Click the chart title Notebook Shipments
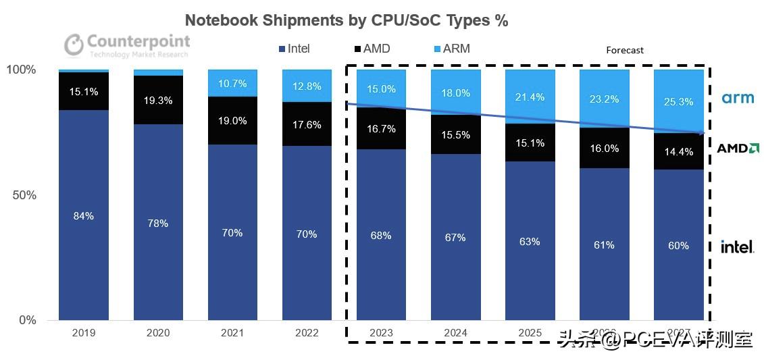click(x=346, y=21)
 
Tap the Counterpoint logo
click(x=127, y=45)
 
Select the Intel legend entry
click(x=294, y=49)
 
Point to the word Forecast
click(x=624, y=50)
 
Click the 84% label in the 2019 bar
click(x=84, y=216)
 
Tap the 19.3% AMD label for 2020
click(x=158, y=100)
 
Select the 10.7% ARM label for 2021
click(x=232, y=84)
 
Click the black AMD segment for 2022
click(x=307, y=124)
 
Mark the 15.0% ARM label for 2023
click(x=381, y=88)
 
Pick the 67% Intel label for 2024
click(x=455, y=237)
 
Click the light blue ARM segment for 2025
click(x=530, y=96)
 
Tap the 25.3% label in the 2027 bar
click(x=678, y=102)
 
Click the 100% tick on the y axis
click(x=21, y=70)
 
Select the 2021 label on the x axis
click(x=232, y=333)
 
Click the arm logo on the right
click(x=738, y=99)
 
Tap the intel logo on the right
click(x=737, y=247)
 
